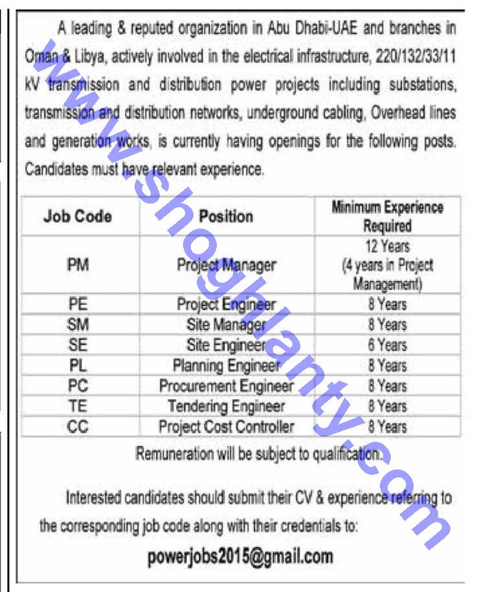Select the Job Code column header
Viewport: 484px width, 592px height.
coord(78,216)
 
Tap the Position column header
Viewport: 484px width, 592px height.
coord(226,216)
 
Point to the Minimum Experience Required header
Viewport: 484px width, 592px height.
coord(387,216)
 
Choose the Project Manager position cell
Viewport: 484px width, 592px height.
coord(226,265)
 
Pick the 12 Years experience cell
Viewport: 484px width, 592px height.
coord(387,247)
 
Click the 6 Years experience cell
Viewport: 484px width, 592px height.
coord(387,345)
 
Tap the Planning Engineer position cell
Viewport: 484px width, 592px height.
coord(226,365)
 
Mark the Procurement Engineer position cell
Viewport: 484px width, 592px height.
coord(226,386)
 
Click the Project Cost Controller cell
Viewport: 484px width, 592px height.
coord(226,427)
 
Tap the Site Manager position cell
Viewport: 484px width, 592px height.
coord(226,324)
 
